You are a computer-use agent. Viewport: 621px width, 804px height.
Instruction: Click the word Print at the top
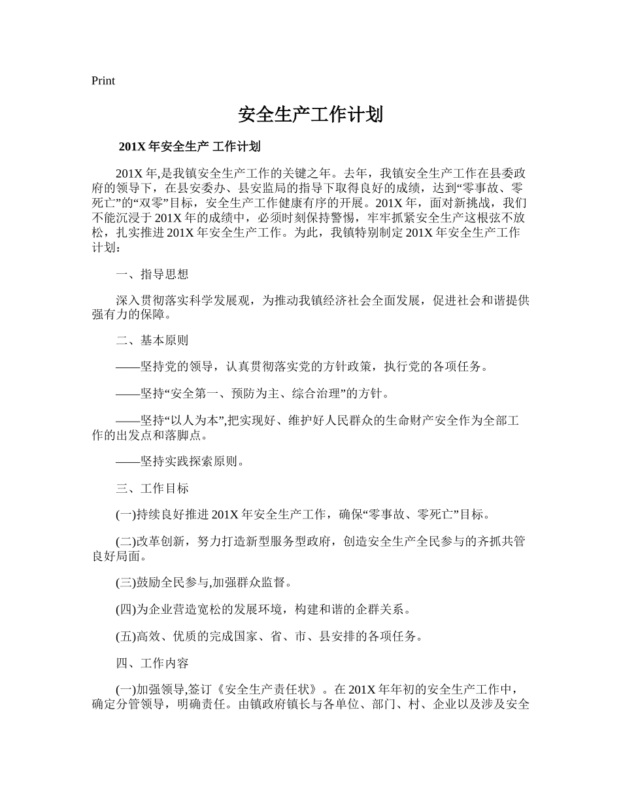[x=103, y=81]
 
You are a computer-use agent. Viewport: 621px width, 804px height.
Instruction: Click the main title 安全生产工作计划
[x=310, y=115]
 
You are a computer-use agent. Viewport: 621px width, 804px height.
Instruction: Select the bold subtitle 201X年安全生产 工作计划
[x=190, y=147]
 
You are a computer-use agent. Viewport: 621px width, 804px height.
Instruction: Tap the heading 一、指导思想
[x=152, y=275]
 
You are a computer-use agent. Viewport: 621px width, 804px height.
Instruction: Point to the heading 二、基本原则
[x=152, y=340]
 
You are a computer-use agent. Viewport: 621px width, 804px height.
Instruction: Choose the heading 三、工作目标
[x=152, y=488]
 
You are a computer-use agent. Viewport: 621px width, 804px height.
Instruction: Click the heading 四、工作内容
[x=152, y=663]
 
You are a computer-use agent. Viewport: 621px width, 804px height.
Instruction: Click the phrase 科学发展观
[x=224, y=301]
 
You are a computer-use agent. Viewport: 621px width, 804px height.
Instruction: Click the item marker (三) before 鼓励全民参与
[x=126, y=582]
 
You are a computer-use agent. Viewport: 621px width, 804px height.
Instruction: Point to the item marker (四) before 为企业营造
[x=126, y=610]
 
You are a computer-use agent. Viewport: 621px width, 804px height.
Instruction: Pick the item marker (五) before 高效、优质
[x=126, y=637]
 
